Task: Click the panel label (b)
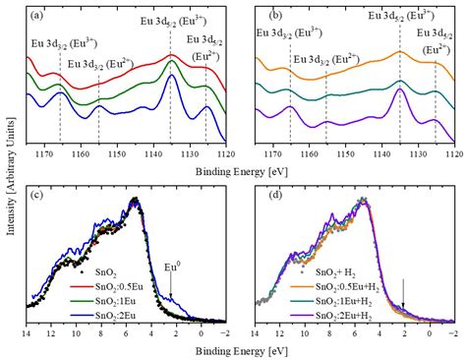[275, 15]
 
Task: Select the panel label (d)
[275, 195]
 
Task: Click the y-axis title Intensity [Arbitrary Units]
[11, 176]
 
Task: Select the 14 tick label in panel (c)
[26, 333]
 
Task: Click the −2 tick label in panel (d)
[453, 333]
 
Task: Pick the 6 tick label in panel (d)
[355, 333]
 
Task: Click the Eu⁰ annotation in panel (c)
[172, 269]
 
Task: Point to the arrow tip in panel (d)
[403, 309]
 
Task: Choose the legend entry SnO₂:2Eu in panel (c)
[103, 316]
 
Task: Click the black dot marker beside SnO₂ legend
[82, 271]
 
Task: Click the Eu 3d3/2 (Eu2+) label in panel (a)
[100, 64]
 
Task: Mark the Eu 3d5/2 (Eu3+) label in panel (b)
[401, 16]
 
